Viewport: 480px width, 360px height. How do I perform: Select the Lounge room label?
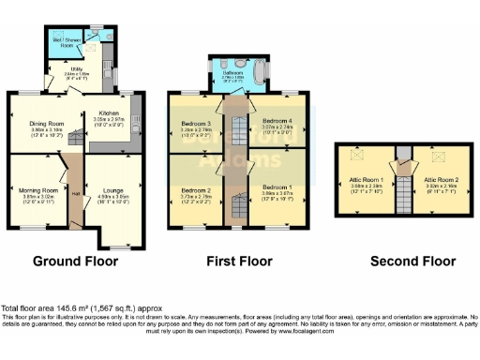(x=115, y=188)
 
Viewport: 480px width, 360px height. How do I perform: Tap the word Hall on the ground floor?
(x=75, y=194)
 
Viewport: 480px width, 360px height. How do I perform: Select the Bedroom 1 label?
(x=277, y=188)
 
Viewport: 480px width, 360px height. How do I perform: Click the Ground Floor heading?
(x=76, y=261)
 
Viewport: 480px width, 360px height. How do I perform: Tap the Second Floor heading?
(x=404, y=261)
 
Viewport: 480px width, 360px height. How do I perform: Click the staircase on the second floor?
(x=402, y=192)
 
